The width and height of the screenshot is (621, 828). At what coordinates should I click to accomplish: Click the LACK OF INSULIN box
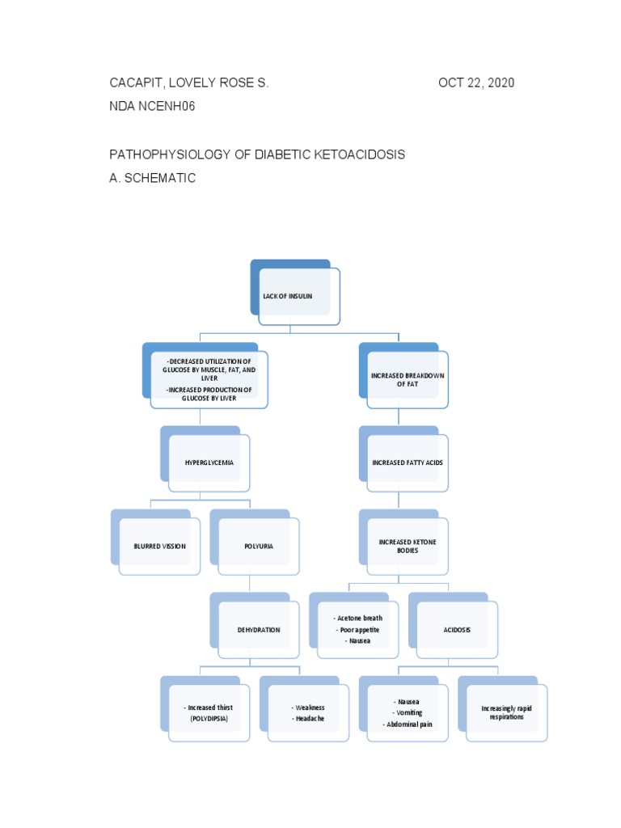[295, 296]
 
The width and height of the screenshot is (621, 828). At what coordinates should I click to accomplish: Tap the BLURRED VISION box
[159, 546]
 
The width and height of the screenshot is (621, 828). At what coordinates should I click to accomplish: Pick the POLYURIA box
[259, 546]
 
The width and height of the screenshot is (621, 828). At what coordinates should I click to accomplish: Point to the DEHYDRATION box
[259, 629]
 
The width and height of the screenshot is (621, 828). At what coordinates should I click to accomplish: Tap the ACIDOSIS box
[457, 629]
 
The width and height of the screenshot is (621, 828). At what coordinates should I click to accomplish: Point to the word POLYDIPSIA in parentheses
[209, 718]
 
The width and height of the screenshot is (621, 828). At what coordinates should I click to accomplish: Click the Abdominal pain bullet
[408, 724]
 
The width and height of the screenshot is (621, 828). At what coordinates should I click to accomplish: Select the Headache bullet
[310, 718]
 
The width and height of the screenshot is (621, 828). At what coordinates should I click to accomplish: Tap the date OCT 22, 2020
[476, 83]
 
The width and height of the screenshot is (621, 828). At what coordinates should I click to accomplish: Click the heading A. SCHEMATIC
[153, 178]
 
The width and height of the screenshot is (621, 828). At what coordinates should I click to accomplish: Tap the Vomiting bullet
[408, 712]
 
